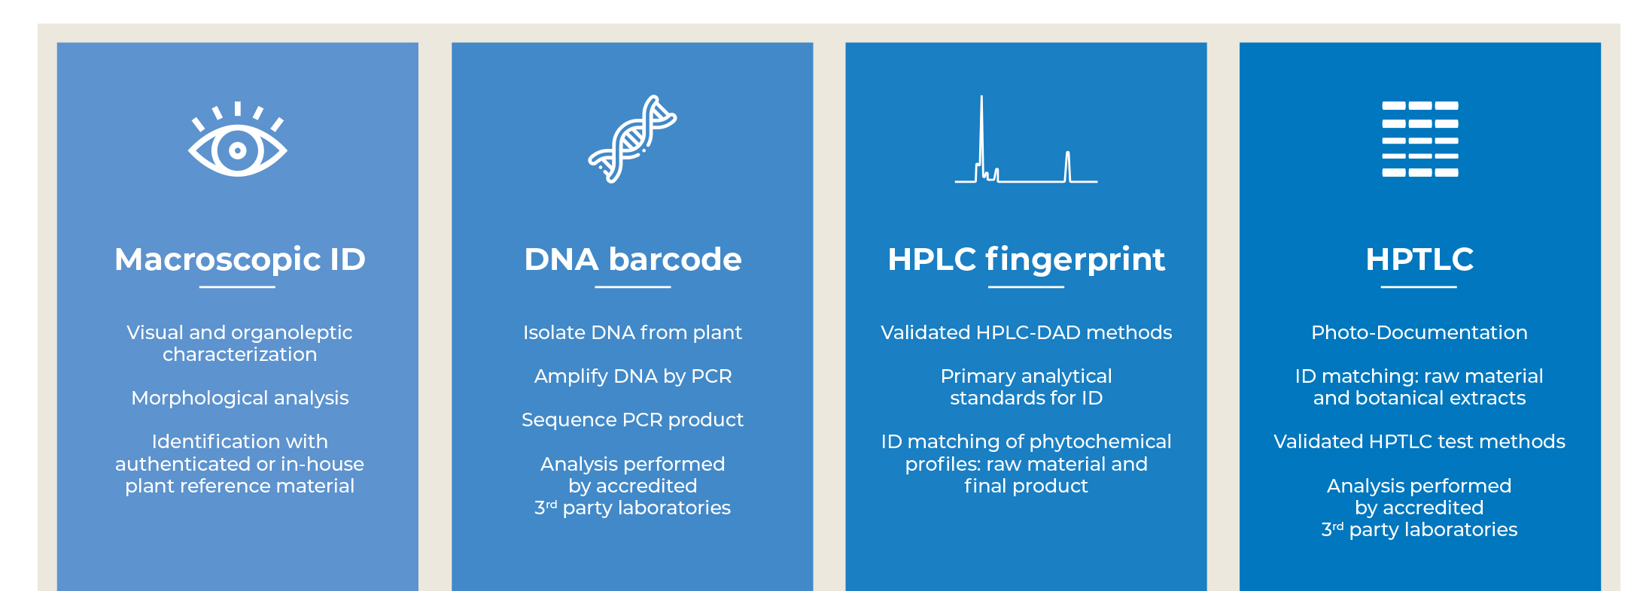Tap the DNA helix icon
pyautogui.click(x=632, y=139)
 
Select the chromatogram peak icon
pyautogui.click(x=1026, y=139)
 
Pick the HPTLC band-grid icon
pyautogui.click(x=1420, y=139)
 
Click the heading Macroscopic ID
pyautogui.click(x=240, y=259)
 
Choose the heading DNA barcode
pyautogui.click(x=633, y=259)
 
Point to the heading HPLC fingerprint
pyautogui.click(x=1027, y=260)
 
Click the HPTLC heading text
pyautogui.click(x=1419, y=259)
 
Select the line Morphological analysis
pyautogui.click(x=240, y=398)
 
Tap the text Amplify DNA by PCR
pyautogui.click(x=633, y=376)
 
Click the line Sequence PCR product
pyautogui.click(x=633, y=420)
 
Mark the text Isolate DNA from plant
pyautogui.click(x=633, y=332)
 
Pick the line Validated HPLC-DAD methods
pyautogui.click(x=1027, y=332)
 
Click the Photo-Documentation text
pyautogui.click(x=1419, y=332)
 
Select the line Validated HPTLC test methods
pyautogui.click(x=1419, y=441)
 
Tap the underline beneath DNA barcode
pyautogui.click(x=633, y=286)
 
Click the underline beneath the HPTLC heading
pyautogui.click(x=1419, y=286)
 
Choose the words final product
pyautogui.click(x=1027, y=486)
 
